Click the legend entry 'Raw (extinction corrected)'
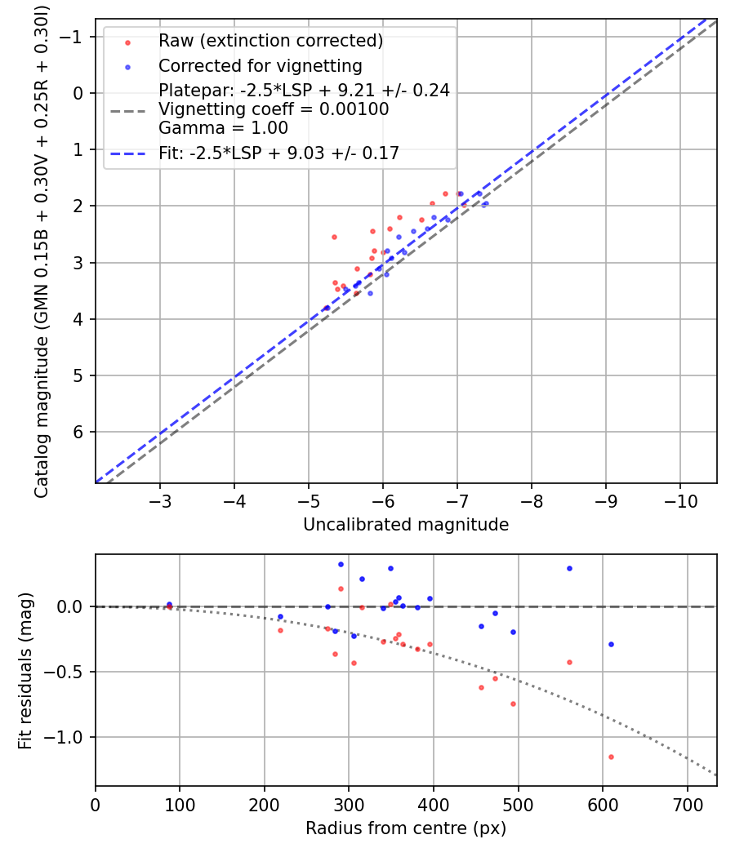pyautogui.click(x=270, y=41)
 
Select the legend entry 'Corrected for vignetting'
pyautogui.click(x=260, y=65)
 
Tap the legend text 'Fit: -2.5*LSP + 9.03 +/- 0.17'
pyautogui.click(x=278, y=153)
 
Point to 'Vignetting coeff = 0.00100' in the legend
pyautogui.click(x=274, y=109)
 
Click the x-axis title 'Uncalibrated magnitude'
pyautogui.click(x=406, y=525)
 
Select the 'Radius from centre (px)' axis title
pyautogui.click(x=406, y=828)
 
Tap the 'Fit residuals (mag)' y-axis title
pyautogui.click(x=24, y=670)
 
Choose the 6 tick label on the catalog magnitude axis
pyautogui.click(x=79, y=432)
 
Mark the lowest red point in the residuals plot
pyautogui.click(x=611, y=757)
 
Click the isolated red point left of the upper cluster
pyautogui.click(x=334, y=237)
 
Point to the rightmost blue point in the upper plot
pyautogui.click(x=486, y=203)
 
